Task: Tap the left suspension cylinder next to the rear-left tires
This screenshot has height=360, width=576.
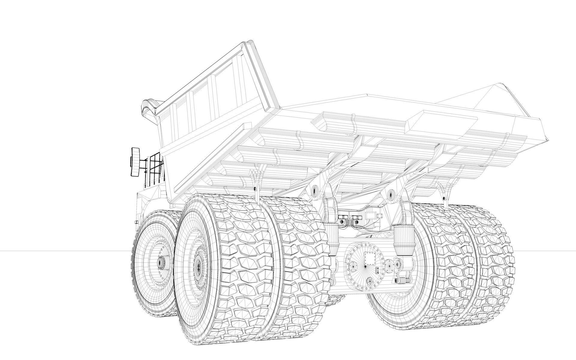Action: click(332, 228)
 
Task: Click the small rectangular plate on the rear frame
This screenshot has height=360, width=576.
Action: click(371, 215)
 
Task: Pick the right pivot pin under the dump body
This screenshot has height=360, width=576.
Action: click(391, 193)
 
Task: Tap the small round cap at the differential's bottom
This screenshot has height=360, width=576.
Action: click(370, 282)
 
